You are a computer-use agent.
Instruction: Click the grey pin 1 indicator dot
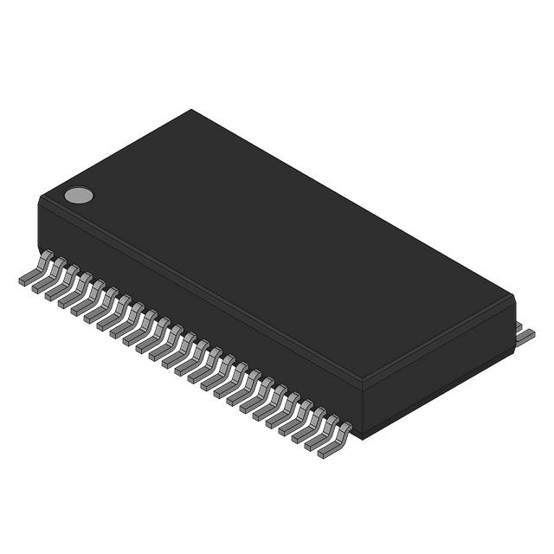[x=79, y=195]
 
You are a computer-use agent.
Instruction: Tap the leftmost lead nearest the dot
[x=35, y=270]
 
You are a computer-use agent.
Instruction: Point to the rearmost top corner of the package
[x=191, y=111]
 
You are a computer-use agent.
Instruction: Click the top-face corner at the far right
[x=512, y=296]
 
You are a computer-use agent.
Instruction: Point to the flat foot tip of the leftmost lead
[x=26, y=280]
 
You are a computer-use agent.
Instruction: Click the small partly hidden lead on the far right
[x=520, y=326]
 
